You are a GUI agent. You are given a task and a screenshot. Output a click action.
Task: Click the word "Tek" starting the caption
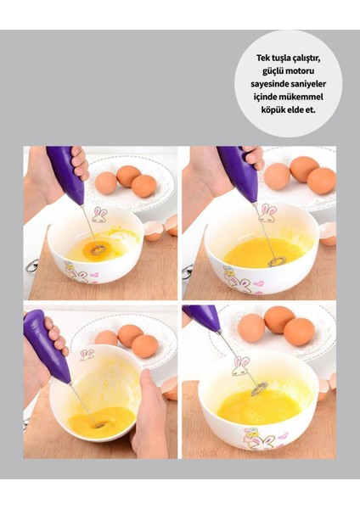click(265, 59)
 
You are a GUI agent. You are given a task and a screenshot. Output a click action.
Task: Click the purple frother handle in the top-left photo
click(65, 174)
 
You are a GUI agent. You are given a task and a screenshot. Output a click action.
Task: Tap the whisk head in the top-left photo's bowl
click(96, 250)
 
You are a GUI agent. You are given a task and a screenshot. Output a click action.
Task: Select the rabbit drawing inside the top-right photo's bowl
click(268, 212)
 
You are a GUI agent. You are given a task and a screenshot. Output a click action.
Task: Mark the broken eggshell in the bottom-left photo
click(171, 386)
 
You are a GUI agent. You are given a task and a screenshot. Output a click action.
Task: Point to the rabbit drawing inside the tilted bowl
click(87, 354)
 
